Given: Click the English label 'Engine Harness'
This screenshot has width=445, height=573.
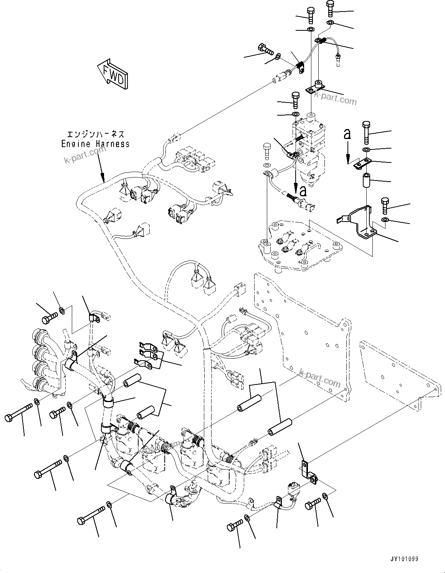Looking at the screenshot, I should point(96,144).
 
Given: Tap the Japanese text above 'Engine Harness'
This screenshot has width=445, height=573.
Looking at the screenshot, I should point(96,134).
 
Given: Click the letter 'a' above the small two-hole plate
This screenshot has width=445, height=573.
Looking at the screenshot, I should point(347,134).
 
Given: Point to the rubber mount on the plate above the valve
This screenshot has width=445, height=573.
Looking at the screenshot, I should point(318,84).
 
